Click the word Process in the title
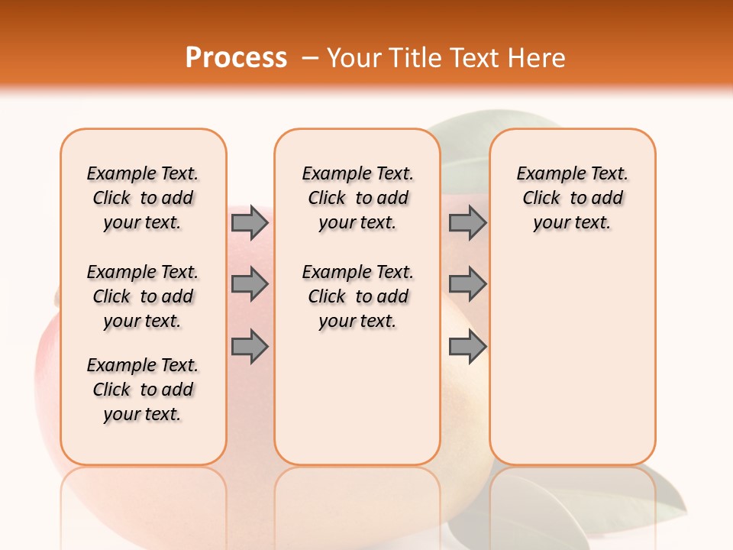(236, 57)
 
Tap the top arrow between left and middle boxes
(250, 222)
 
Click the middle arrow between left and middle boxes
(250, 284)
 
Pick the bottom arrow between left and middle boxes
(250, 347)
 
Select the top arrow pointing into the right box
(467, 222)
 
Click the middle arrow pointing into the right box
(467, 284)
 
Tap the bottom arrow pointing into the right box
(467, 347)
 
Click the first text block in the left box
(143, 198)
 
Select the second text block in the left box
(143, 296)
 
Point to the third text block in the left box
(143, 390)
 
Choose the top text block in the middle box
(357, 198)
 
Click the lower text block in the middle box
(357, 296)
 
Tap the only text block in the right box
(572, 198)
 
